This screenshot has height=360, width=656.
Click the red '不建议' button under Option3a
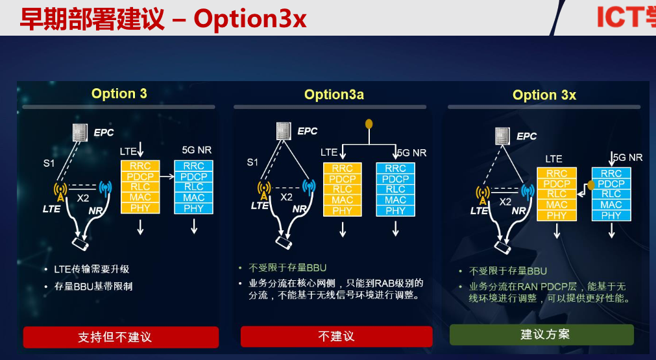click(336, 336)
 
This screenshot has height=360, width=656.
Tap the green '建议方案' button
click(541, 335)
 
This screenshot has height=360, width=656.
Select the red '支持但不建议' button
click(121, 337)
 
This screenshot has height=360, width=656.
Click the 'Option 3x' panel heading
click(544, 95)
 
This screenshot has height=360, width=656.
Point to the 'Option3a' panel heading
click(334, 95)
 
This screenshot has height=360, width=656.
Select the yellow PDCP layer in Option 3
click(140, 176)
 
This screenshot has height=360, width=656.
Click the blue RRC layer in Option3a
click(395, 169)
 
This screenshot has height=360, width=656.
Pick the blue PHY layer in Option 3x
click(611, 215)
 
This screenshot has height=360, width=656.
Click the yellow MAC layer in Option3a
click(342, 200)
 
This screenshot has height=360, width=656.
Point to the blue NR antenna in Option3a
click(309, 189)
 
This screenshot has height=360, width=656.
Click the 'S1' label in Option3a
click(252, 162)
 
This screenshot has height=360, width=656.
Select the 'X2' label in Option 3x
click(505, 202)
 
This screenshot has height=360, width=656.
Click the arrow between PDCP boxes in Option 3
click(165, 176)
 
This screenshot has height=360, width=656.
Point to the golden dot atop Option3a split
click(369, 123)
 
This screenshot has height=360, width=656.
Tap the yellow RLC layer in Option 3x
click(556, 194)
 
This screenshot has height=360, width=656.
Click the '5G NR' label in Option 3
click(196, 150)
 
